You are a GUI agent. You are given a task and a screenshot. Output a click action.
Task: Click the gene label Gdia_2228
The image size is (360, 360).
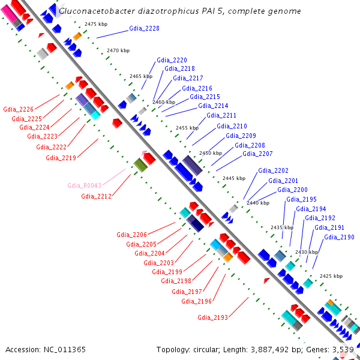point(144,28)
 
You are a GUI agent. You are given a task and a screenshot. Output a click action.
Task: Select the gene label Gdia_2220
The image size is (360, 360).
point(172,60)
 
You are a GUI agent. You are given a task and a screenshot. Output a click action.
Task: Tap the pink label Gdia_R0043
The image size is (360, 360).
point(84,185)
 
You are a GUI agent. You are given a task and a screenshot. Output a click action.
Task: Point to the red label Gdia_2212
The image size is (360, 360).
point(97,196)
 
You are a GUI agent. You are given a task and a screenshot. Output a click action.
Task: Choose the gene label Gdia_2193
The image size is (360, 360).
point(212,317)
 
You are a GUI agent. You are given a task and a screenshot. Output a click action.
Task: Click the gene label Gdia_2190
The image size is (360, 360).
point(339,237)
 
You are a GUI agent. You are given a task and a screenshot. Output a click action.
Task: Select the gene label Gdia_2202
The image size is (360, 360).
point(273,171)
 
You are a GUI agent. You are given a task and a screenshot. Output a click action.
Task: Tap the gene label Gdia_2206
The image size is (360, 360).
point(131,235)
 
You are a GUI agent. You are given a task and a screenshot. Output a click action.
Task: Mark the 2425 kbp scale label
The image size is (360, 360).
point(331,276)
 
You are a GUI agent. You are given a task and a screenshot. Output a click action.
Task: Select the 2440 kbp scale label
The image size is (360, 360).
point(257,203)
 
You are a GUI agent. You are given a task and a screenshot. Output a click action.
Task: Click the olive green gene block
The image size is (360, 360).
point(140,164)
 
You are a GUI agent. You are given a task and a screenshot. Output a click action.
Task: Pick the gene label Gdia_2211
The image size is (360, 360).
point(221,115)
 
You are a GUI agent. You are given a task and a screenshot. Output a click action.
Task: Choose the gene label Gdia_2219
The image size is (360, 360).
point(61,158)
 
